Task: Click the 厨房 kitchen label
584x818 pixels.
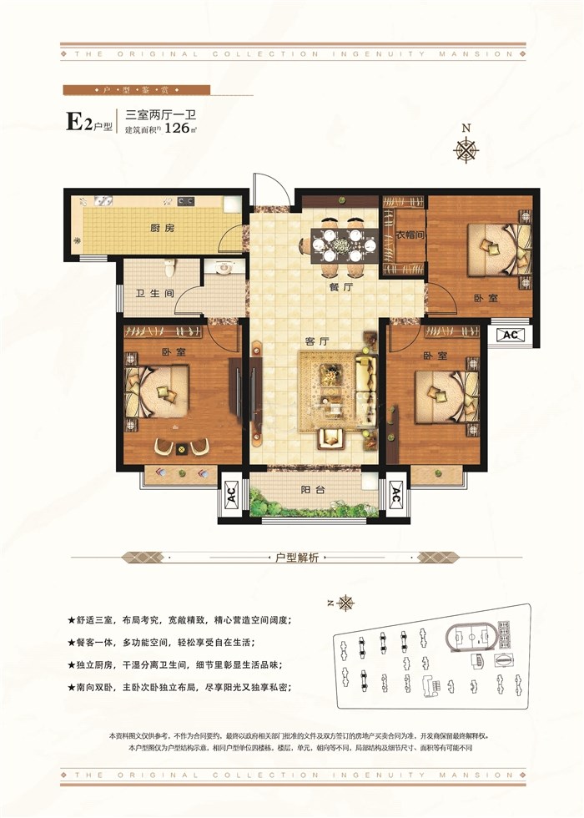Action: tap(162, 229)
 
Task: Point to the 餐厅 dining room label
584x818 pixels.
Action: tap(340, 286)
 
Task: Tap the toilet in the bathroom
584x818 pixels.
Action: tap(170, 269)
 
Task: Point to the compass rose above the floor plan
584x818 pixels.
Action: tap(466, 149)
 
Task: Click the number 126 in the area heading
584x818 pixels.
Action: tap(177, 129)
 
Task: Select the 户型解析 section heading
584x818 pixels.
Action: tap(298, 557)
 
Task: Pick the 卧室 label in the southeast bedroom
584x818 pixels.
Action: tap(432, 356)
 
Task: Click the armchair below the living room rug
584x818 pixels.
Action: tap(331, 437)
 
